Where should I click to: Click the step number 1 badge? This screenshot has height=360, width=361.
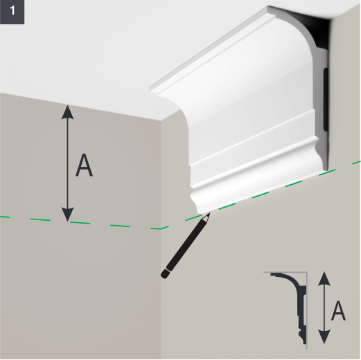tap(12, 12)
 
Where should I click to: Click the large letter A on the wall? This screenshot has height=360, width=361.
tap(84, 165)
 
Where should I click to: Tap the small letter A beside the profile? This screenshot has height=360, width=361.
tap(338, 312)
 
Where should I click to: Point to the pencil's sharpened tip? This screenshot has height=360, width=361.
tap(209, 214)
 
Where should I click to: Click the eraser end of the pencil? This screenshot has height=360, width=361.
tap(165, 274)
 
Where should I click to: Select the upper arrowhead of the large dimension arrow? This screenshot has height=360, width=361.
tap(67, 111)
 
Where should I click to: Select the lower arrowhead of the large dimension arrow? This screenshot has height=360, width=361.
tap(67, 215)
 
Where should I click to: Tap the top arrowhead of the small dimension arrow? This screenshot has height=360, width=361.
tap(324, 278)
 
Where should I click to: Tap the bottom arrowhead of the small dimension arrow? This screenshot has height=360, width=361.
tap(324, 337)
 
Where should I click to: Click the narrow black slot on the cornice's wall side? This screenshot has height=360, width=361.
tap(326, 99)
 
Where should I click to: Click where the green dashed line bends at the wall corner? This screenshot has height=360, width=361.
tap(160, 229)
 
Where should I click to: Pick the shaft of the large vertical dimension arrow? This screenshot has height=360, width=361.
tap(67, 163)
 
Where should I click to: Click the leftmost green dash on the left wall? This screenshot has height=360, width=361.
tap(5, 217)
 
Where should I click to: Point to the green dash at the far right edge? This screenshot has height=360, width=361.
tap(356, 162)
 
